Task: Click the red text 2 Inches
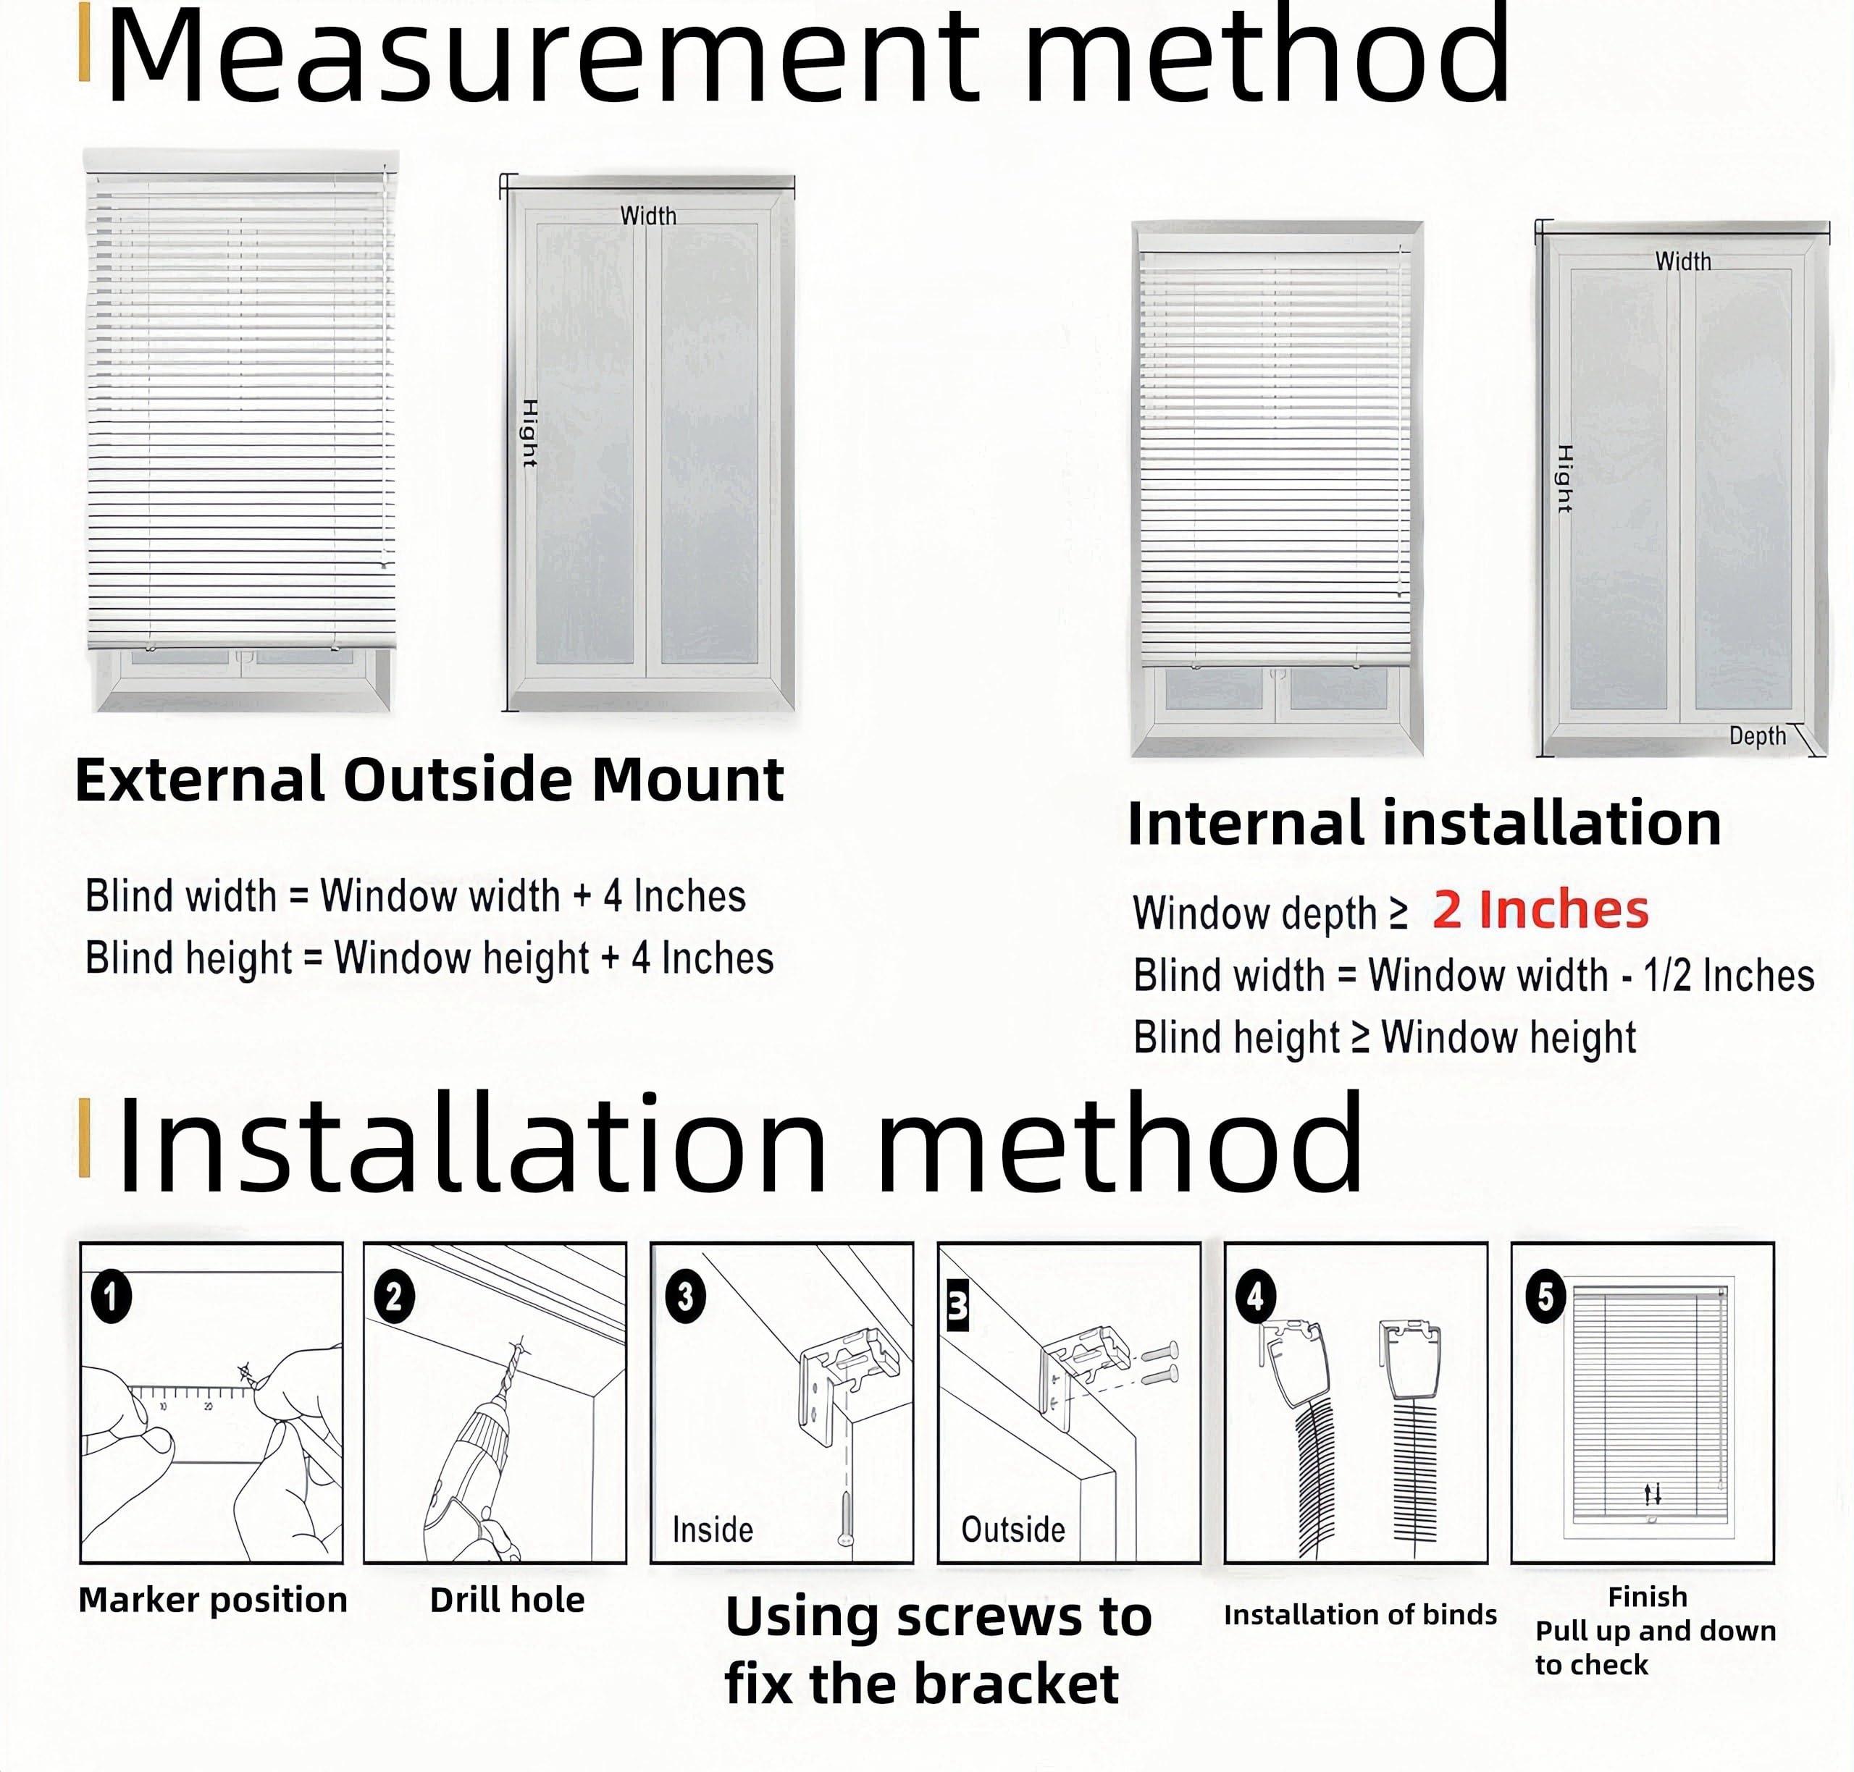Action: point(1540,911)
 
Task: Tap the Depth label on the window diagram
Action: point(1757,736)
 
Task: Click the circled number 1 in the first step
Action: point(112,1297)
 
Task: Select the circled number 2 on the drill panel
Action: point(394,1297)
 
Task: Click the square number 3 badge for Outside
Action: point(957,1307)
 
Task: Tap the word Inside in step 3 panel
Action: point(713,1530)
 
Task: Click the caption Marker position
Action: point(213,1600)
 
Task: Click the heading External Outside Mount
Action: point(429,780)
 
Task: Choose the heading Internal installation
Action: point(1424,823)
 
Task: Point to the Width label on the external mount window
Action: point(648,216)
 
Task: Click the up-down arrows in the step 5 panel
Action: point(1652,1494)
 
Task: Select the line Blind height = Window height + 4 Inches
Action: point(429,958)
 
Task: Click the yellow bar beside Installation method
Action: point(84,1137)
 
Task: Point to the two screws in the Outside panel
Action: point(1160,1363)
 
